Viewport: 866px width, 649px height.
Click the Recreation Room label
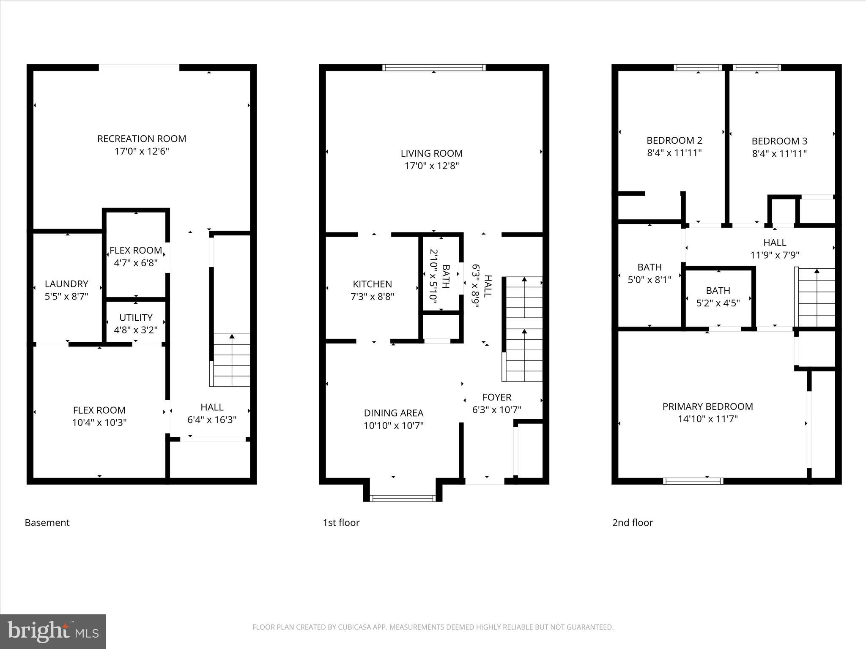tap(142, 139)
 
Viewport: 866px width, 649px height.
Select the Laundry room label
tap(66, 284)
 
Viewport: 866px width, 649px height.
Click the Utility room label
tap(136, 317)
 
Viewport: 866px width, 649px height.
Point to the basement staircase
tap(231, 360)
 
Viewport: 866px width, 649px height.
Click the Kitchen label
tap(372, 284)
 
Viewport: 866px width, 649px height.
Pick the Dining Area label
tap(393, 413)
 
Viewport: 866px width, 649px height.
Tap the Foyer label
tap(497, 397)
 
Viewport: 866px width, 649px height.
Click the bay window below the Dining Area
tap(403, 498)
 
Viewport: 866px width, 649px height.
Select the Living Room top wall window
tap(434, 68)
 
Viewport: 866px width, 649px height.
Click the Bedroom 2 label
tap(674, 140)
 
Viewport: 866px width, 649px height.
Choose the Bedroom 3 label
tap(779, 141)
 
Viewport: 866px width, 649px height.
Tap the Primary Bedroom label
tap(707, 406)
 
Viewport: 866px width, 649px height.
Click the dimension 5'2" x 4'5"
tap(718, 303)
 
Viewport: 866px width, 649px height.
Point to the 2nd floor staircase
tap(816, 298)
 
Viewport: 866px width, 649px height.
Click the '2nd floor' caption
tap(632, 523)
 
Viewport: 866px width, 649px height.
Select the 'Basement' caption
tap(47, 523)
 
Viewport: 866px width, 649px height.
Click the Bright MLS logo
tap(53, 631)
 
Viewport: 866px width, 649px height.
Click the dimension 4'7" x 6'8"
tap(136, 263)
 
